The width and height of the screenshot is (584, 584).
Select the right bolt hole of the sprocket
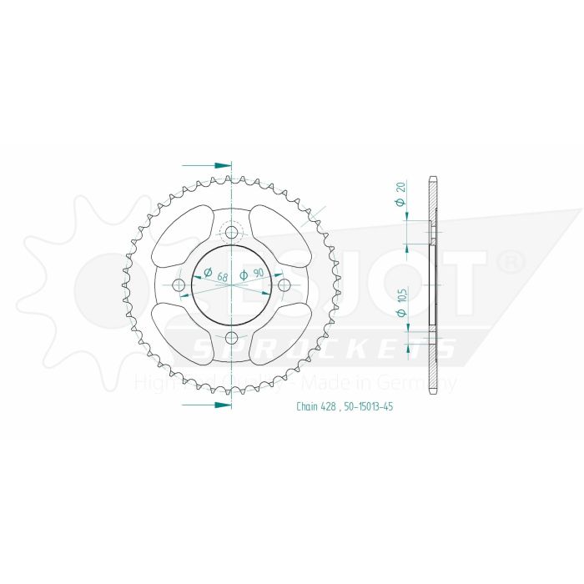tap(284, 285)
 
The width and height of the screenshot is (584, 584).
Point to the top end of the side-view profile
tap(431, 178)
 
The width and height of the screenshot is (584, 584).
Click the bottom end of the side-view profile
tap(431, 392)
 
